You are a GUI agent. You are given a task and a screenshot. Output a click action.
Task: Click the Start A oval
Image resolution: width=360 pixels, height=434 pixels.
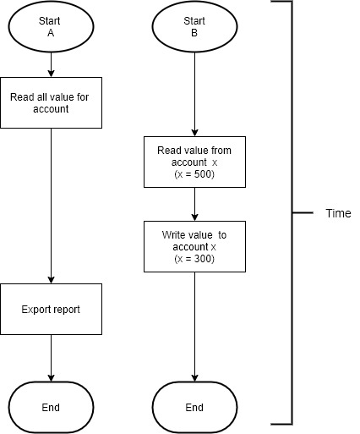51,26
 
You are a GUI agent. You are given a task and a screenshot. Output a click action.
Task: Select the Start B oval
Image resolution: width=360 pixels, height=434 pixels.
194,26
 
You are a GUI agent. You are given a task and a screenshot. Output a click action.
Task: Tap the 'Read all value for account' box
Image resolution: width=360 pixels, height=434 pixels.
51,102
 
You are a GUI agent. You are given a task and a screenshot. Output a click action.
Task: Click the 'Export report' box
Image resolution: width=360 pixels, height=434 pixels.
51,309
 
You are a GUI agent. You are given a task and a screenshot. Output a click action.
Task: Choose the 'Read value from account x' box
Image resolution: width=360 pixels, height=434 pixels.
194,162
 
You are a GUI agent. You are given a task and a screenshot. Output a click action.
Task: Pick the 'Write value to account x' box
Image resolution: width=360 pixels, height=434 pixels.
194,246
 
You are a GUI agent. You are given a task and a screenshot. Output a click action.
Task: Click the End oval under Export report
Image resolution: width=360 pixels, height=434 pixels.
51,407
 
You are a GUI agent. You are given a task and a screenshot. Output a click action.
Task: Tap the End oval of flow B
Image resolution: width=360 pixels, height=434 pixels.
194,407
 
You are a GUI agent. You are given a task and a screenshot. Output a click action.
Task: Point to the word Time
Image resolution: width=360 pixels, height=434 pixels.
338,213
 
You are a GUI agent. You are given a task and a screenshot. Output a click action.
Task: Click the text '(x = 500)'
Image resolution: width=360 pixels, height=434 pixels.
194,174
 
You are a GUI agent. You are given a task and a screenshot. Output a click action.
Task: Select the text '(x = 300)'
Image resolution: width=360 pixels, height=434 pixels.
194,259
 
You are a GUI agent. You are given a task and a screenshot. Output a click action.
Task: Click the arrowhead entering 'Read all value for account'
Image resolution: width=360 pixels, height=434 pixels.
51,74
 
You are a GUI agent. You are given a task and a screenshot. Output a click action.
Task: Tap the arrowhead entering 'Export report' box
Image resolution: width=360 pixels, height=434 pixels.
51,280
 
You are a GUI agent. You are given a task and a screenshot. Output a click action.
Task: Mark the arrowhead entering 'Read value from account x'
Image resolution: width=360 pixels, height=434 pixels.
194,133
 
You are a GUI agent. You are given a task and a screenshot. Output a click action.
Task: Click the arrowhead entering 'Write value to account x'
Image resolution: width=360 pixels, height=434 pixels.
194,217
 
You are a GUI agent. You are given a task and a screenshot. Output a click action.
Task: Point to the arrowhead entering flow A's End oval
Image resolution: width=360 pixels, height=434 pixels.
51,378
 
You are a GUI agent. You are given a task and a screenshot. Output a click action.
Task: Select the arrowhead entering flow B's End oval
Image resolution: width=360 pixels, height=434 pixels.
194,378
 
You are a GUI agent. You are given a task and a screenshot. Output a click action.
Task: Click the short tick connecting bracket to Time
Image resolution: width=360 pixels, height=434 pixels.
303,212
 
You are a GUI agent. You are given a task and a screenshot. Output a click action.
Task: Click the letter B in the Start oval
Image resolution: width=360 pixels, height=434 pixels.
194,33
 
